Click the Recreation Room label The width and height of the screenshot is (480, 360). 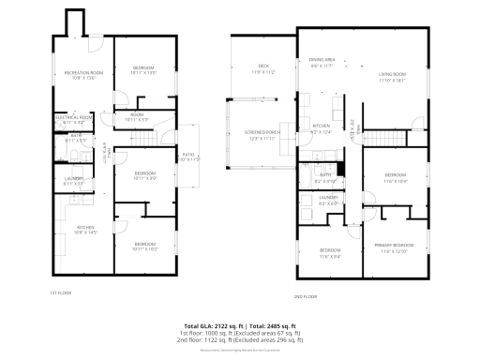(x=82, y=72)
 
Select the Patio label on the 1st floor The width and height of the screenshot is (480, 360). (x=189, y=154)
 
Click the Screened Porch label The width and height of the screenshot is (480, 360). (x=262, y=132)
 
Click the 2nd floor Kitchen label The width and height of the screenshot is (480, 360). (x=321, y=127)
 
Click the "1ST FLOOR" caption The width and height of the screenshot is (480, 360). (x=61, y=292)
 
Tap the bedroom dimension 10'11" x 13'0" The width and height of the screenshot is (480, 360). (x=143, y=72)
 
